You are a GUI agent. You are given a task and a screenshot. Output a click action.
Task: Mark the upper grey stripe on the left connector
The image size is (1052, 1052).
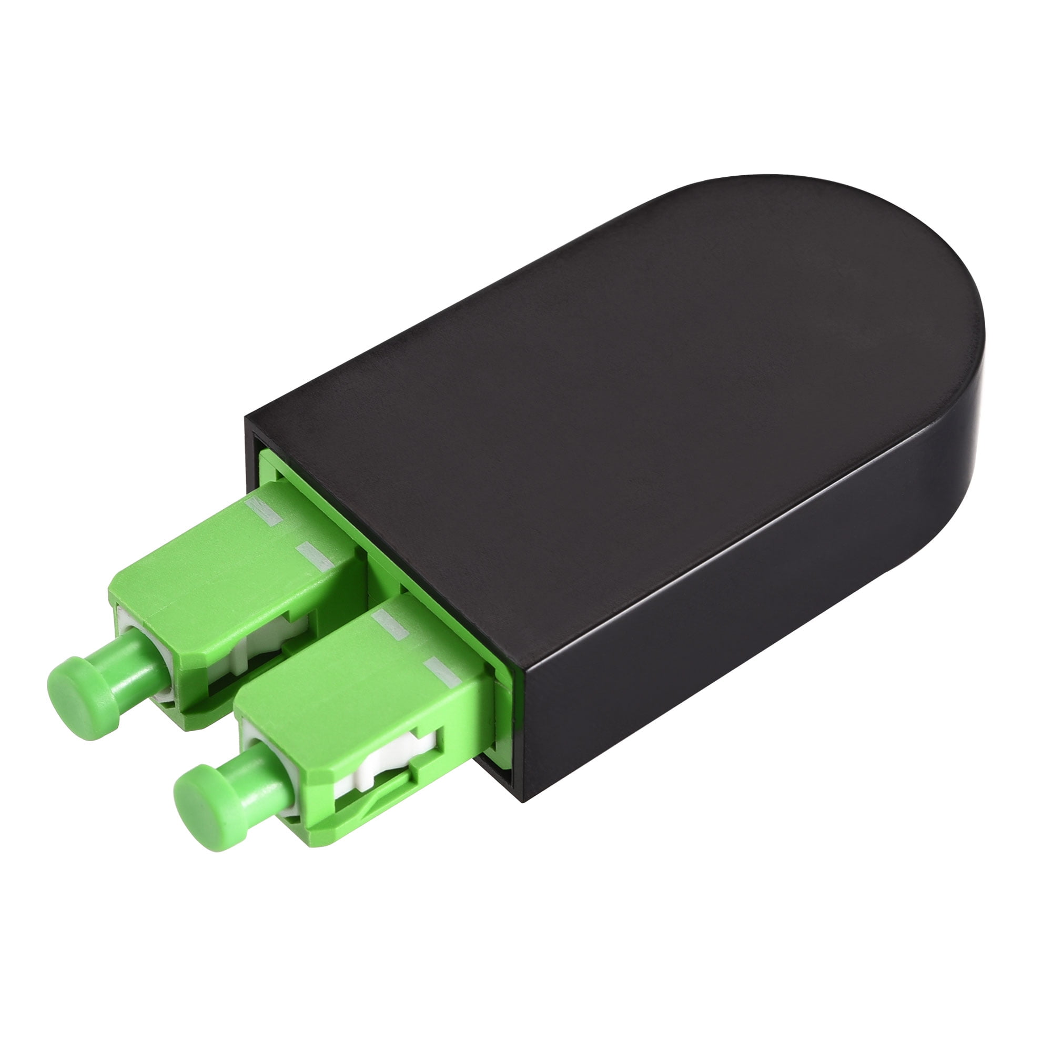click(264, 512)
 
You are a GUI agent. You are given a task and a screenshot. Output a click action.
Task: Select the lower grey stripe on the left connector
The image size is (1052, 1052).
click(316, 554)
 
